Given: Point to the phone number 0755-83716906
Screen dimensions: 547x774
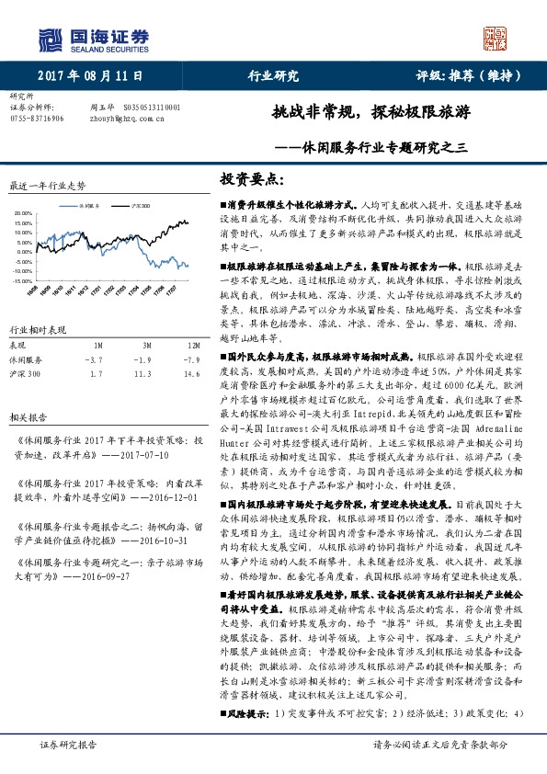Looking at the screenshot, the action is tap(37, 118).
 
